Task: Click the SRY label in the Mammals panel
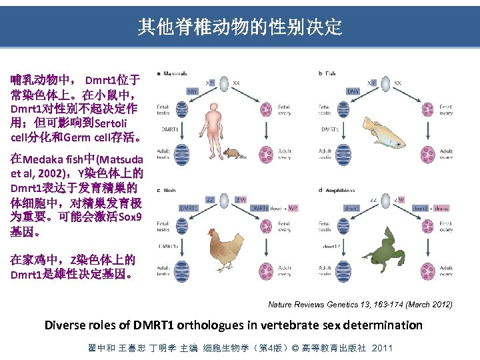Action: click(191, 91)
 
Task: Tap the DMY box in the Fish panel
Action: click(354, 91)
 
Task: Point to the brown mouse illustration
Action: click(230, 154)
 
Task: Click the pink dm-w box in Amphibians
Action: click(441, 208)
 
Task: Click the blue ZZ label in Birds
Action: click(211, 199)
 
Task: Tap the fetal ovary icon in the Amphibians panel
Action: click(426, 227)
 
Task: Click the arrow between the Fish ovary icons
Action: click(426, 131)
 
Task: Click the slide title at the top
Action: click(240, 27)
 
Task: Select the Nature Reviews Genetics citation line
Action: click(360, 305)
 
